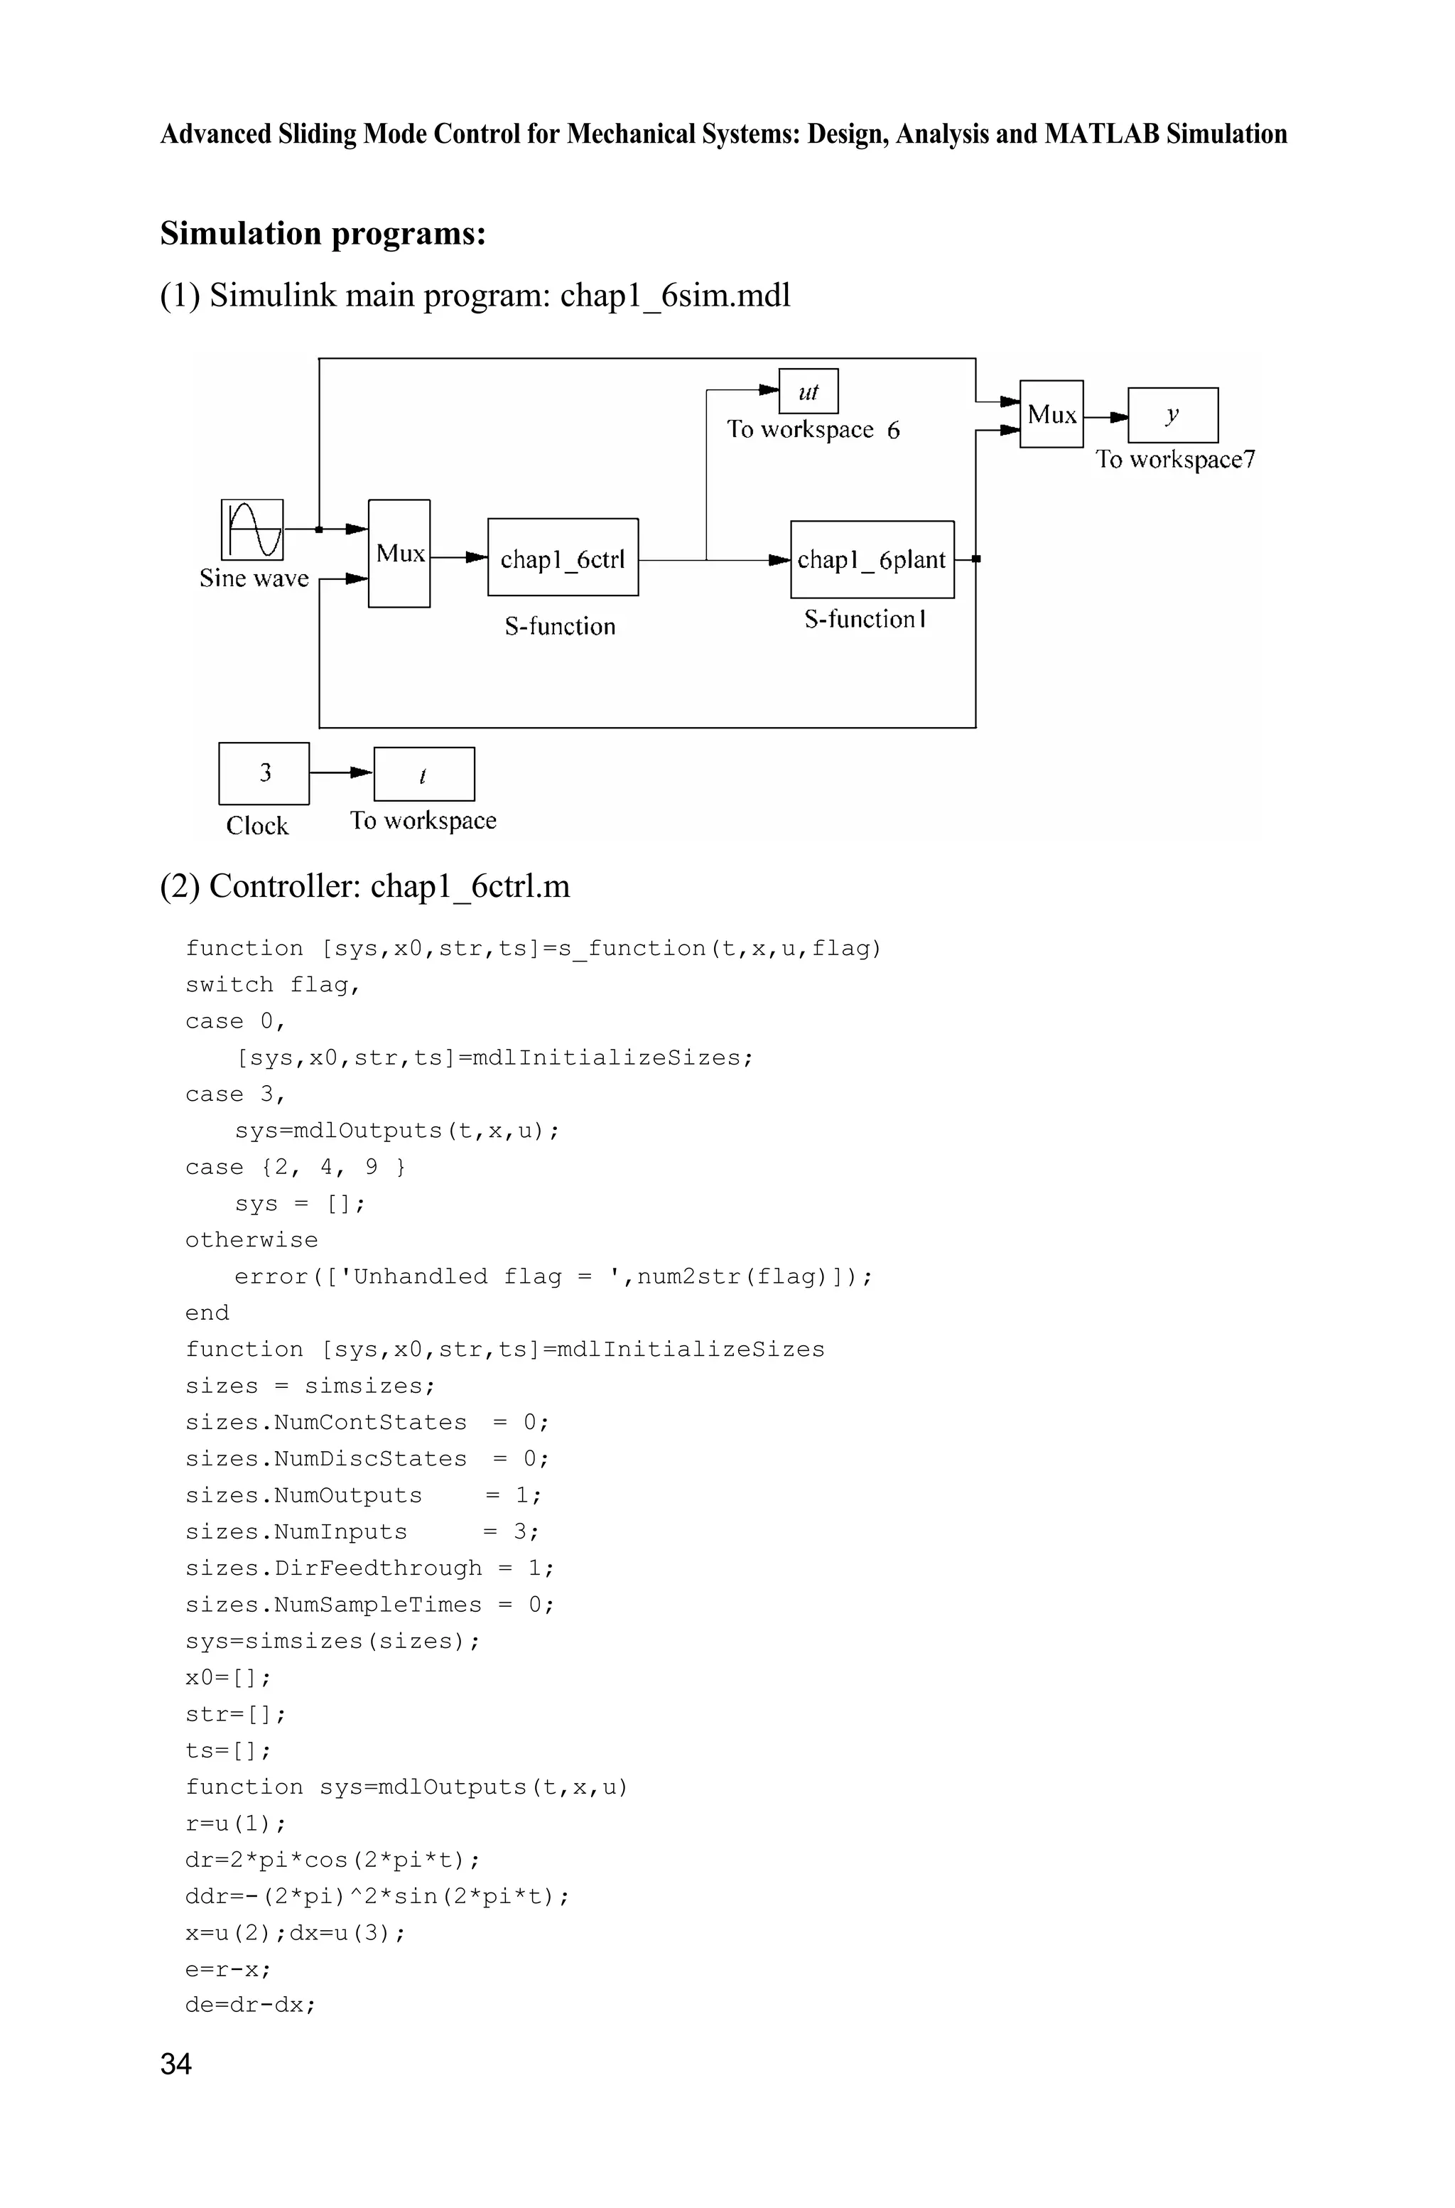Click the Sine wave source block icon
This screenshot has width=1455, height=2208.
tap(251, 530)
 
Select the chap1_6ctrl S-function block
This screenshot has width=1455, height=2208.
tap(563, 558)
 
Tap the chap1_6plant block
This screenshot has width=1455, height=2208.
tap(871, 560)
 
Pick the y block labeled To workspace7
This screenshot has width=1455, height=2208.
tap(1172, 415)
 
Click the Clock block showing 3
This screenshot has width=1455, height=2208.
tap(264, 773)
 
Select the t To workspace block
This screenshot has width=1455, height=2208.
tap(423, 774)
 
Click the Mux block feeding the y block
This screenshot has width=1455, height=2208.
tap(1051, 414)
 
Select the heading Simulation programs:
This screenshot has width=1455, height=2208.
tap(323, 233)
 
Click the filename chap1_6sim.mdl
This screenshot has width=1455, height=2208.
tap(675, 295)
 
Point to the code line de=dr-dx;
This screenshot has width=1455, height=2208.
tap(251, 2004)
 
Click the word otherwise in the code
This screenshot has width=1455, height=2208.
tap(251, 1240)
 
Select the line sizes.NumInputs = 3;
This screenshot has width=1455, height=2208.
tap(362, 1531)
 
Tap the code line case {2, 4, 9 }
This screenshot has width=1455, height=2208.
tap(295, 1167)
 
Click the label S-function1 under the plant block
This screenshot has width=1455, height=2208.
tap(865, 619)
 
